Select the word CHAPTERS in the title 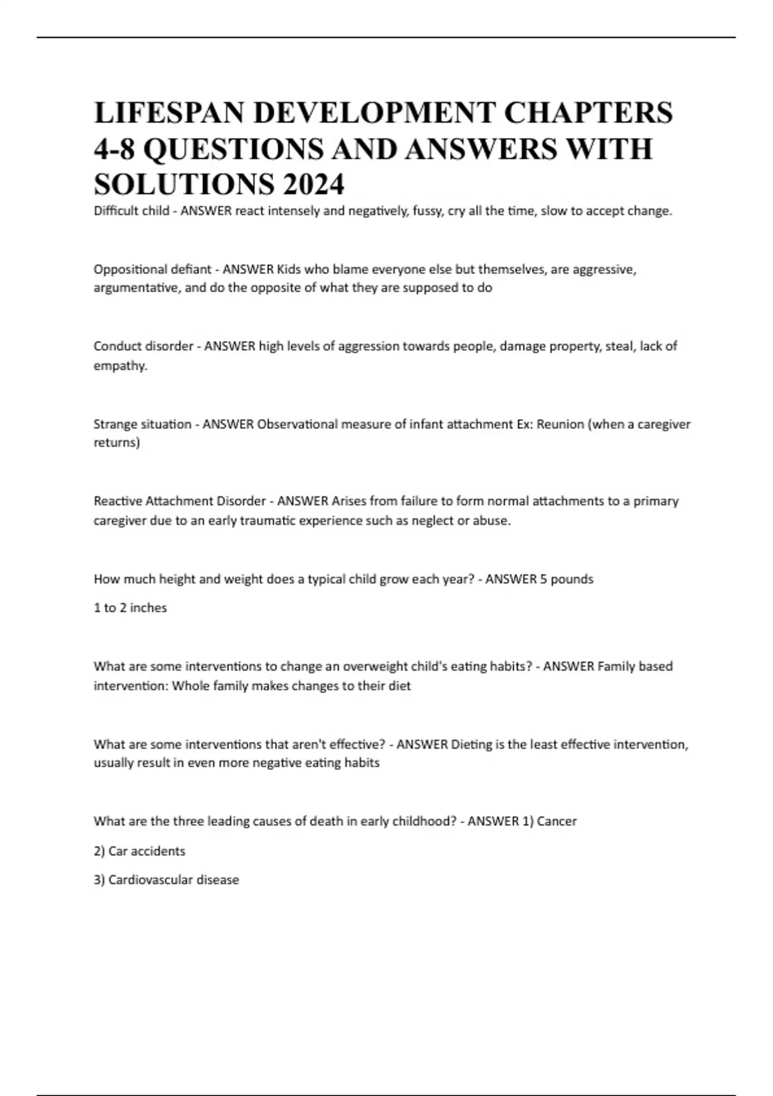coord(587,113)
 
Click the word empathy coord(120,366)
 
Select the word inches coord(148,608)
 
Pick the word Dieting coord(471,744)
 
